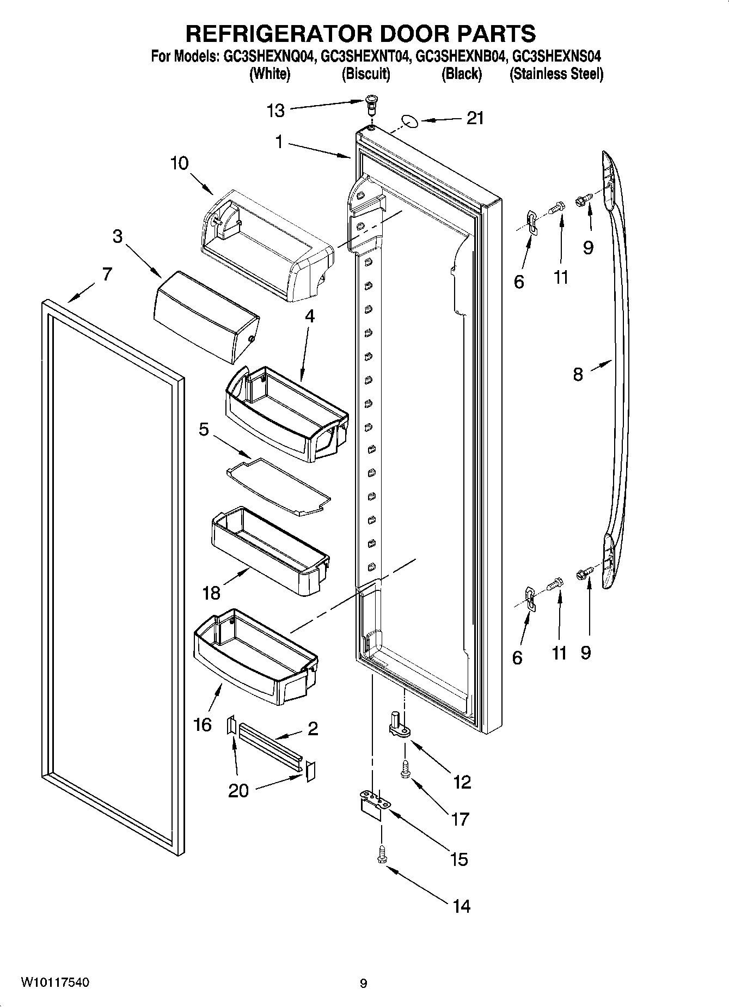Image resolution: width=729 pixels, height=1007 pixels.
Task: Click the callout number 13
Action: click(x=275, y=111)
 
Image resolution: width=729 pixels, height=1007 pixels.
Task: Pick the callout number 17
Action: click(x=460, y=819)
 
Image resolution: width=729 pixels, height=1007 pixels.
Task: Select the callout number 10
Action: click(x=179, y=163)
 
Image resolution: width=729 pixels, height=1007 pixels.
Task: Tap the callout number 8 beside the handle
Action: click(x=578, y=374)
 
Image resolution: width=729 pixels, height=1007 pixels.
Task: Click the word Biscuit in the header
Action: click(x=365, y=74)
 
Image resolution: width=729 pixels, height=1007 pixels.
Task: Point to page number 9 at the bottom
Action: click(x=363, y=983)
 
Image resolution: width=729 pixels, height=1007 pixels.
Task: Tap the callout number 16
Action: click(x=202, y=724)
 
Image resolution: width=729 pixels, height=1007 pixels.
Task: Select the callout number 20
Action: click(x=238, y=790)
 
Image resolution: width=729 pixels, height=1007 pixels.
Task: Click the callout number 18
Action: click(x=211, y=593)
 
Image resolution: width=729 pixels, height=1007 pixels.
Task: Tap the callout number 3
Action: click(x=117, y=236)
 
